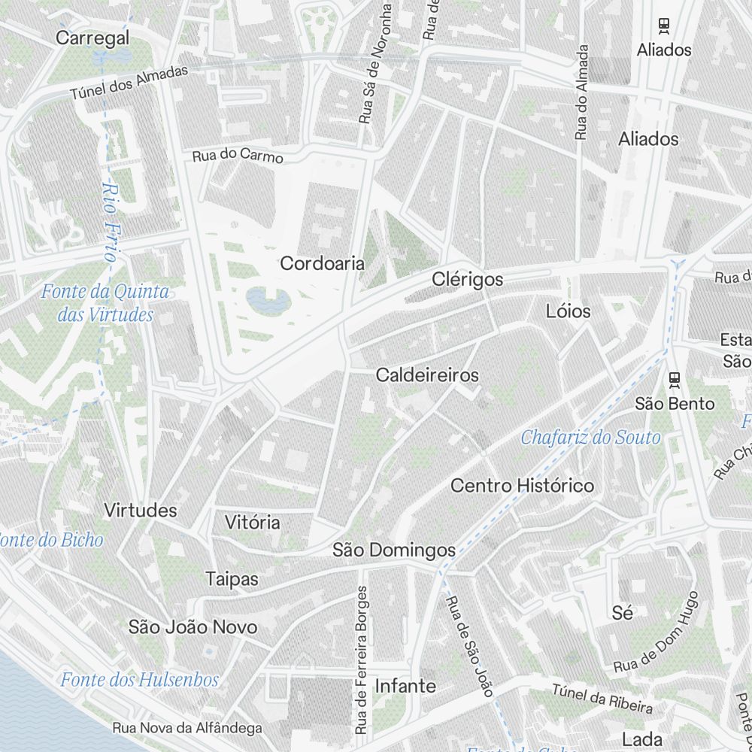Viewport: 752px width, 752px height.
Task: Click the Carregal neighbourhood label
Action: coord(93,38)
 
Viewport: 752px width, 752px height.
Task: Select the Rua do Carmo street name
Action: coord(238,156)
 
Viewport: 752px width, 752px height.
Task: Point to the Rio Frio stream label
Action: coord(111,223)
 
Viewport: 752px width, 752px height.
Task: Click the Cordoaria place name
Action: coord(322,264)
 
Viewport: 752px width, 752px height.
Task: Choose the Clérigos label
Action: coord(467,280)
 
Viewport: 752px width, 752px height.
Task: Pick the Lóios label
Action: coord(569,311)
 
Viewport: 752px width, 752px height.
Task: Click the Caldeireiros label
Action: coord(427,374)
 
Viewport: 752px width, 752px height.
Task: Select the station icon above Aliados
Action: coord(664,26)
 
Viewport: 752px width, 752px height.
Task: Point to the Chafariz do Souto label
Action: coord(590,438)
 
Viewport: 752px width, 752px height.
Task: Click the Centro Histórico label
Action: coord(522,486)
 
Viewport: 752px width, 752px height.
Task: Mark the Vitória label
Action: coord(253,523)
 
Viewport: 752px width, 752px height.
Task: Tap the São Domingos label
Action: coord(394,550)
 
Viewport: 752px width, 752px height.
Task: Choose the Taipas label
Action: coord(232,579)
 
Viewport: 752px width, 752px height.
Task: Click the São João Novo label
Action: coord(193,627)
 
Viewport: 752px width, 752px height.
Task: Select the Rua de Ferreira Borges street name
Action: coord(362,660)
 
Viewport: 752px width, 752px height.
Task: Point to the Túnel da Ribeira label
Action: coord(602,699)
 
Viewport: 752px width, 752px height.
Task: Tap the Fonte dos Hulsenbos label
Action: coord(139,681)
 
